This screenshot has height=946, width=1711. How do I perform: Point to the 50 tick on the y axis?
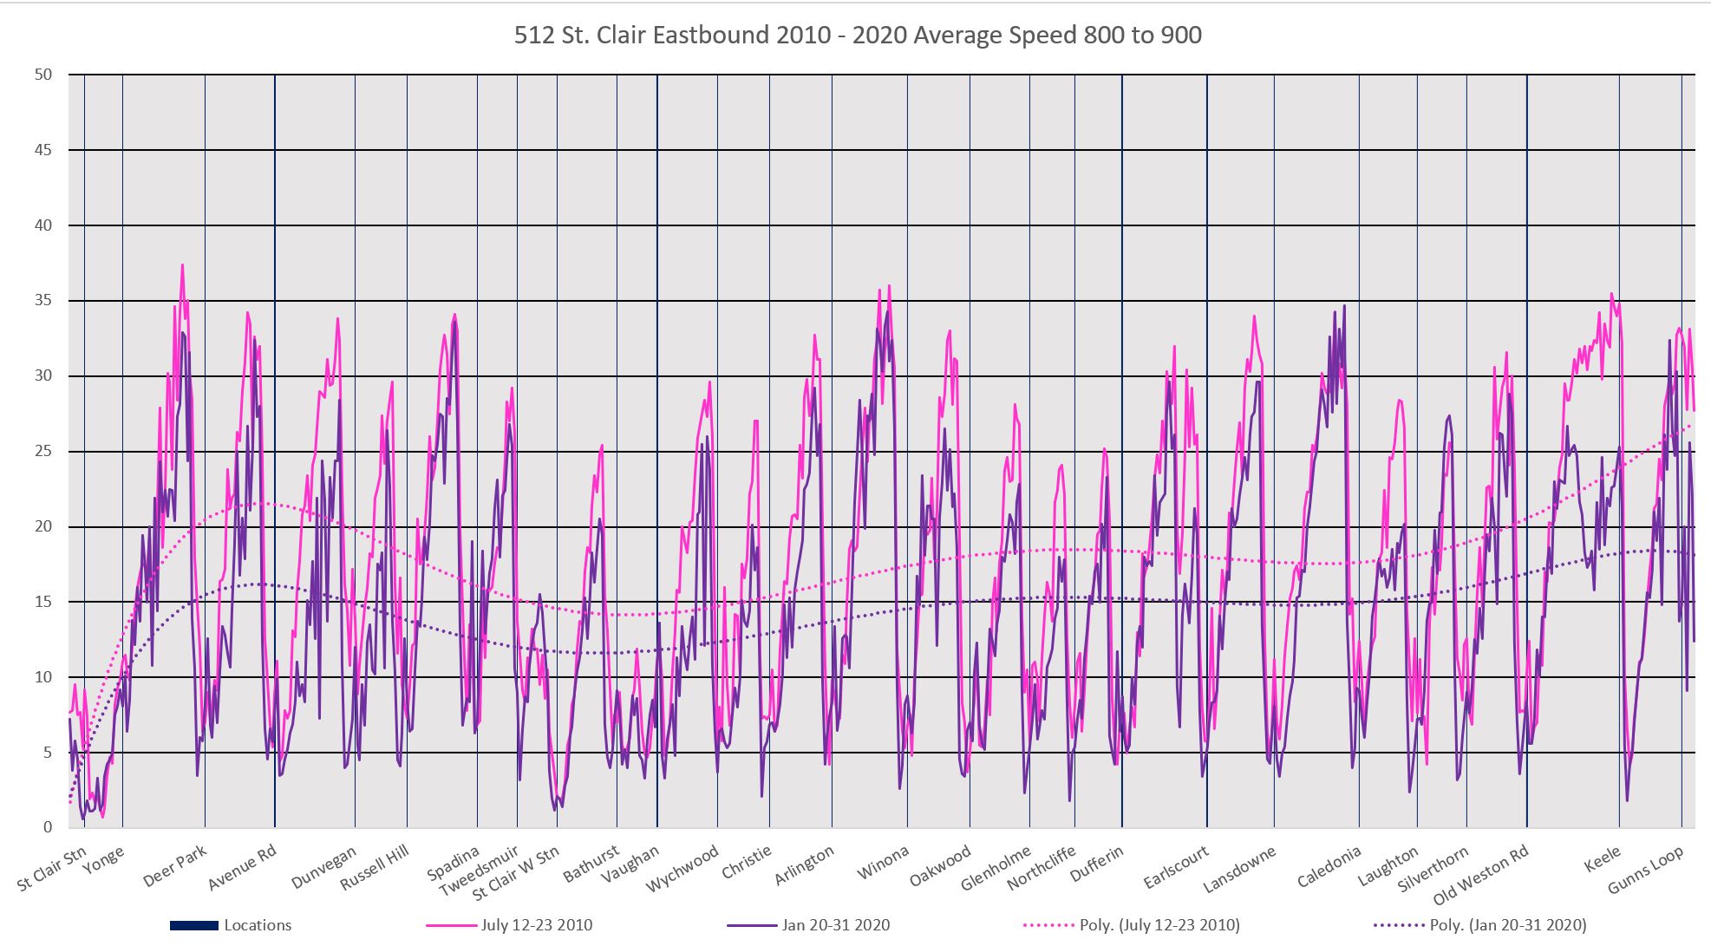click(x=43, y=75)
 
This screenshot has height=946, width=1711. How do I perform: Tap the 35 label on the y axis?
click(x=43, y=301)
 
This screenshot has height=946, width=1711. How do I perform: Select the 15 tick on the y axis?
click(x=43, y=602)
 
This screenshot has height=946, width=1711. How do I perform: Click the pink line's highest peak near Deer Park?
click(x=182, y=265)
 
